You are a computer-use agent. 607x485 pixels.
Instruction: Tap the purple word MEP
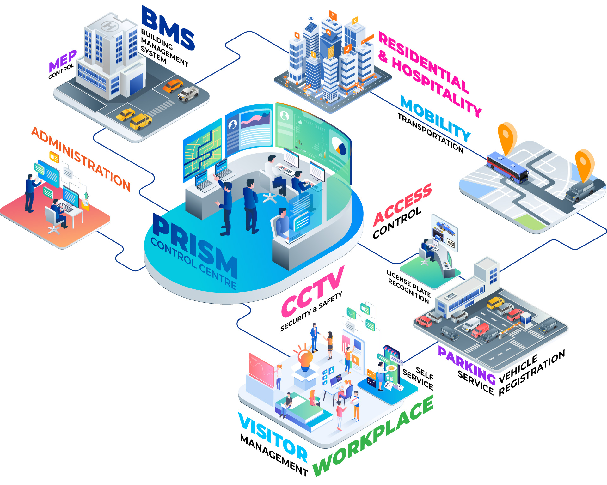click(x=63, y=61)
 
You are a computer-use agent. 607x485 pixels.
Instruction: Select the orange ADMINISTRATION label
click(x=81, y=159)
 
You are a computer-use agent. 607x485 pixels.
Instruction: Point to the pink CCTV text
click(x=313, y=291)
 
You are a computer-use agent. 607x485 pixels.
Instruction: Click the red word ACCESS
click(x=402, y=205)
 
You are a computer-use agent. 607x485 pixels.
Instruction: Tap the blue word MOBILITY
click(x=435, y=119)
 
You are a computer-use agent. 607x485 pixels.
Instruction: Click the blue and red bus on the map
click(x=507, y=168)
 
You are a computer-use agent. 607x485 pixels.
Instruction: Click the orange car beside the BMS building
click(x=173, y=86)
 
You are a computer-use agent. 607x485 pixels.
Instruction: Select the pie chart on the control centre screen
click(x=339, y=146)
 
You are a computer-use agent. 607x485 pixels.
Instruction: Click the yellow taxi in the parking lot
click(x=495, y=302)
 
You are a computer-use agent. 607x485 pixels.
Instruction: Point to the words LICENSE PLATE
click(x=408, y=283)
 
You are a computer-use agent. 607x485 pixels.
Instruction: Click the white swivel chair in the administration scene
click(x=52, y=221)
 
